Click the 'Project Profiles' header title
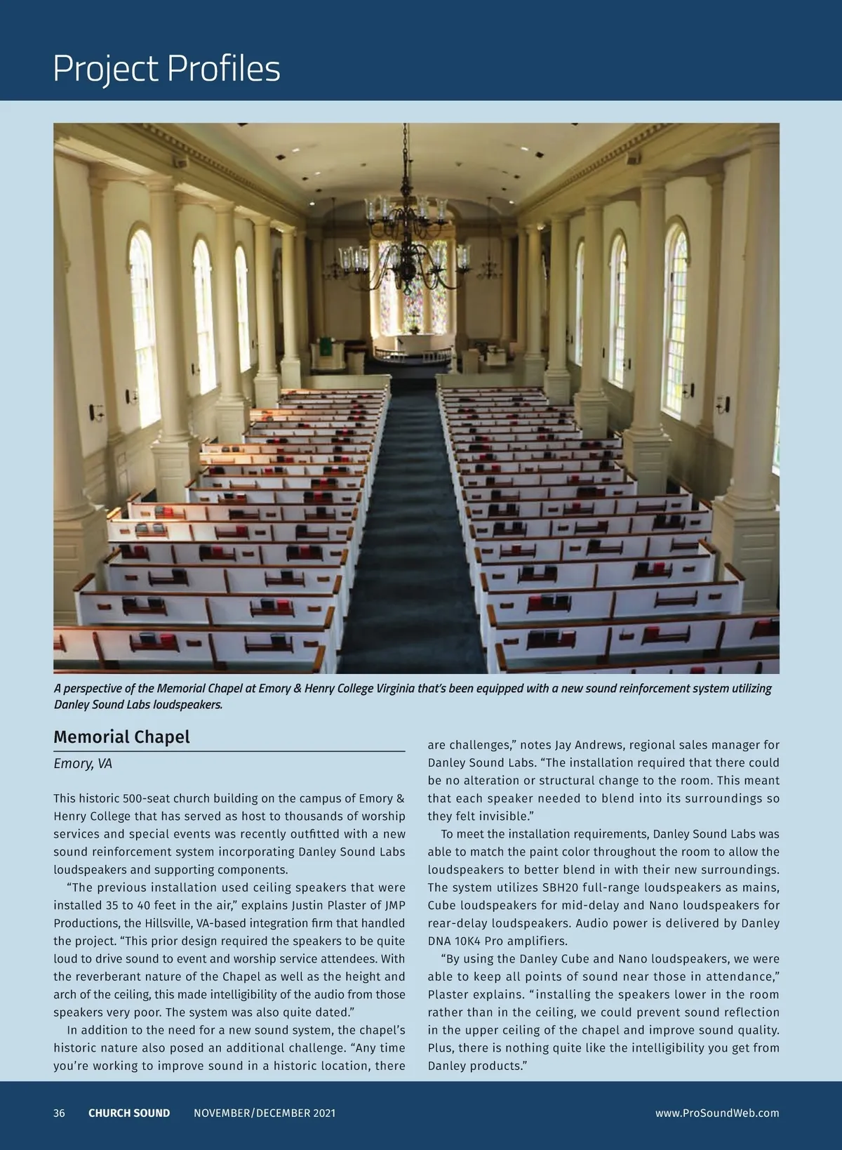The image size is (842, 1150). point(166,69)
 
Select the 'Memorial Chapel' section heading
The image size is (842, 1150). point(121,737)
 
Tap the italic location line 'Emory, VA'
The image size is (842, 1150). point(83,763)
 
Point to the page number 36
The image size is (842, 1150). point(59,1113)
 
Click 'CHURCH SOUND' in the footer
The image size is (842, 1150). point(129,1113)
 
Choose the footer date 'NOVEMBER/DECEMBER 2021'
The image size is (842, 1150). point(265,1113)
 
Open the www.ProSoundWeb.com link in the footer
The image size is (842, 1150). point(717,1113)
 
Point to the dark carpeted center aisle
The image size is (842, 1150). point(410,534)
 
